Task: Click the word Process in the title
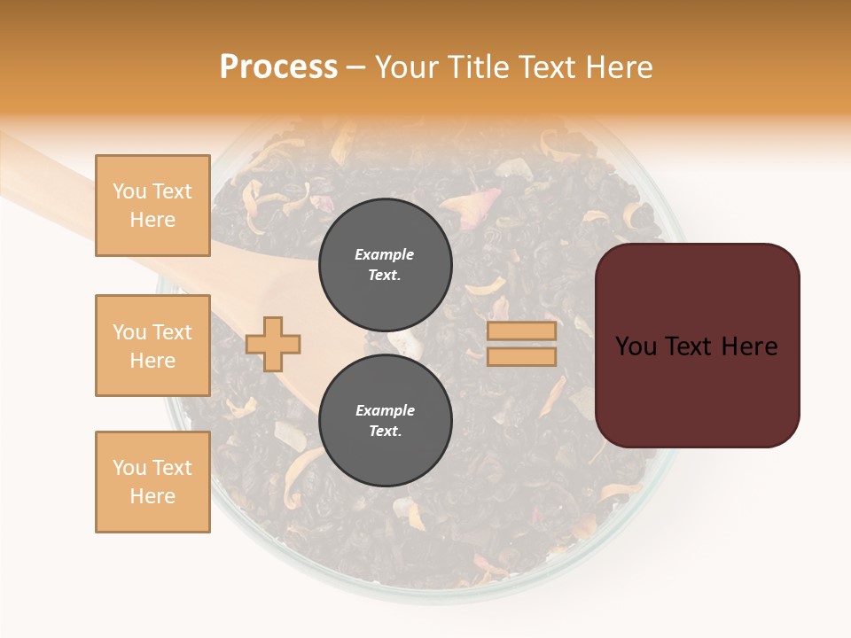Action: pos(278,67)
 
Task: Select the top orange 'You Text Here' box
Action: pos(152,206)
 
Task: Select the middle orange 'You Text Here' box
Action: pos(152,346)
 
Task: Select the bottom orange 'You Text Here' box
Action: pos(152,482)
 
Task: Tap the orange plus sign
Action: pos(273,344)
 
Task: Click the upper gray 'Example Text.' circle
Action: pos(385,264)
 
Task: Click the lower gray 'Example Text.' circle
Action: pos(385,420)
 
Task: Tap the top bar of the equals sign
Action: pos(522,331)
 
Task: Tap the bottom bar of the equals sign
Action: pos(522,357)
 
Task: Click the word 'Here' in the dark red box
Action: pos(750,346)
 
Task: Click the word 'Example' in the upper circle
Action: pos(385,254)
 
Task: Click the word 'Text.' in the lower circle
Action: pos(385,432)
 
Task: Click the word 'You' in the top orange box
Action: pos(129,191)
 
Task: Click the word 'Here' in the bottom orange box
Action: pos(152,496)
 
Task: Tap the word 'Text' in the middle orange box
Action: pos(172,332)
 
